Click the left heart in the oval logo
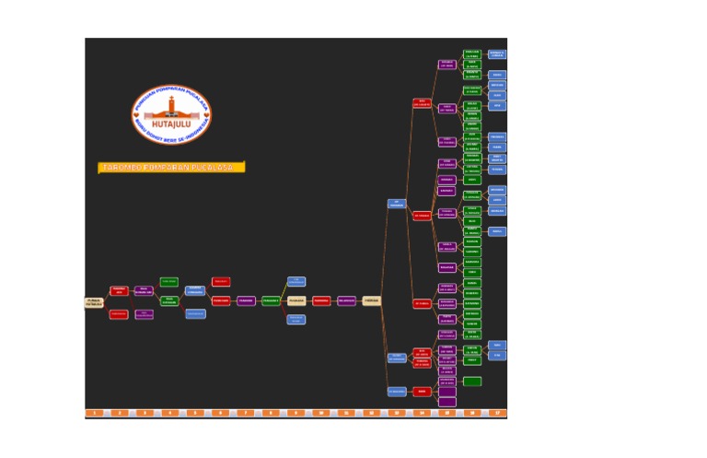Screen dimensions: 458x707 pos(135,116)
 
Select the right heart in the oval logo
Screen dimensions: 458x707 pos(206,116)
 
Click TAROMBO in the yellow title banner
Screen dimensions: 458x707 pos(120,168)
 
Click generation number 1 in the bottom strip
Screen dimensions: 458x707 pos(93,413)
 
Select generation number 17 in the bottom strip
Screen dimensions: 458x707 pos(497,413)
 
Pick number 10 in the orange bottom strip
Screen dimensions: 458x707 pos(320,413)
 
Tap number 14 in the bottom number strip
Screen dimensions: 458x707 pos(422,413)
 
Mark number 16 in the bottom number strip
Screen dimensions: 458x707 pos(472,413)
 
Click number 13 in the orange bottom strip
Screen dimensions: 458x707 pos(397,413)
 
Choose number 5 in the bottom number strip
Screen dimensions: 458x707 pos(194,413)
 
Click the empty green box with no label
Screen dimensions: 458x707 pos(472,382)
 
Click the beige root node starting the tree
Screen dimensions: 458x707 pos(94,301)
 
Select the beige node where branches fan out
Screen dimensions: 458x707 pos(371,300)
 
